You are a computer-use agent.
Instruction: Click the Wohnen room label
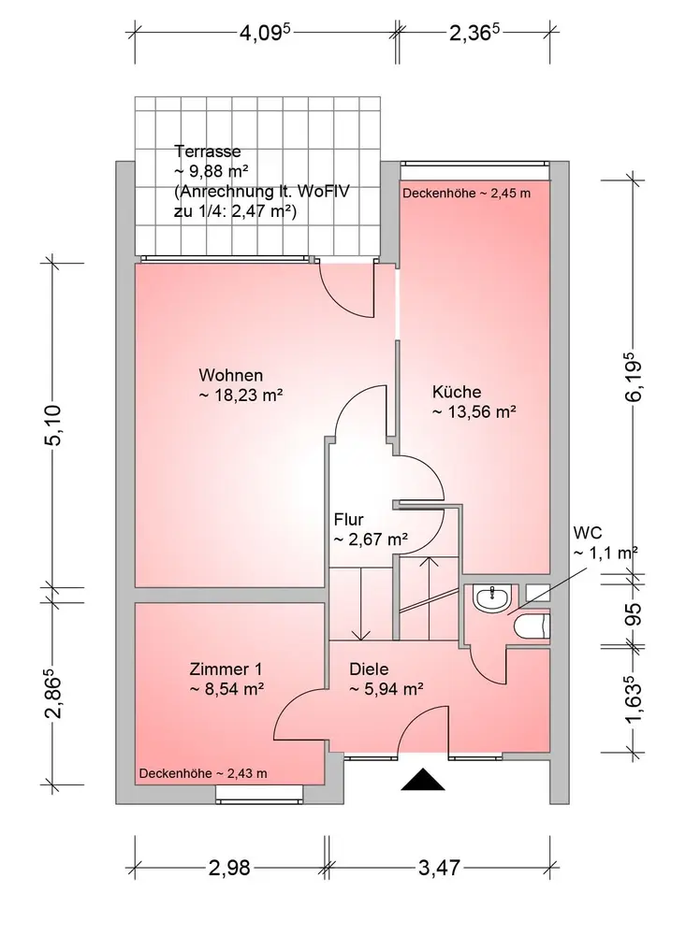pos(230,375)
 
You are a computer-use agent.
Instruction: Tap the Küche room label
pos(457,392)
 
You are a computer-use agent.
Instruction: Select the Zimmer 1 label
pos(226,669)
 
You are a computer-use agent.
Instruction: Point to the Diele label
pos(369,669)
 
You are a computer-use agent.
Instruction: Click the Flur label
pos(349,519)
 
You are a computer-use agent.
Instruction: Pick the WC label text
pos(588,533)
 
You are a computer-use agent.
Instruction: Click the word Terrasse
pos(207,151)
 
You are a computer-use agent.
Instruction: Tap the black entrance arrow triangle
pos(423,780)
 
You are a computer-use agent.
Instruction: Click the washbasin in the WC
pos(492,598)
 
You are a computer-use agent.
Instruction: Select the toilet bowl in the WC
pos(531,627)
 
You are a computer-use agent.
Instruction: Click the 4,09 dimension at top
pos(265,32)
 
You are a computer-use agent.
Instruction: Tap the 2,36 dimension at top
pos(474,32)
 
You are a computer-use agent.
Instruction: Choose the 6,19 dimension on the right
pos(634,381)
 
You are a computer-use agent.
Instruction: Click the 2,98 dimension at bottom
pos(229,867)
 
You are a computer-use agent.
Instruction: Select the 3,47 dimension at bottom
pos(439,867)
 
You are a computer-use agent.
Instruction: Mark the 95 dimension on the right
pos(635,613)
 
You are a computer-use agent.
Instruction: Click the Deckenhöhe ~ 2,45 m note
pos(466,194)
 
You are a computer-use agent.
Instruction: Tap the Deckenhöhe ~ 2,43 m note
pos(203,773)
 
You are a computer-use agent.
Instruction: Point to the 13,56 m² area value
pos(474,411)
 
